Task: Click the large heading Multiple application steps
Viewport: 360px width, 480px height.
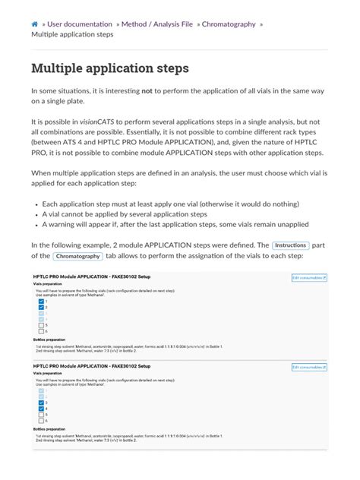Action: pos(110,69)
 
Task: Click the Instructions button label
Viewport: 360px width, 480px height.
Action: pos(290,246)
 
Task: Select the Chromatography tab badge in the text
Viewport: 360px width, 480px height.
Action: pos(82,258)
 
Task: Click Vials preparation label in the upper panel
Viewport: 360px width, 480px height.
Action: pos(49,286)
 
